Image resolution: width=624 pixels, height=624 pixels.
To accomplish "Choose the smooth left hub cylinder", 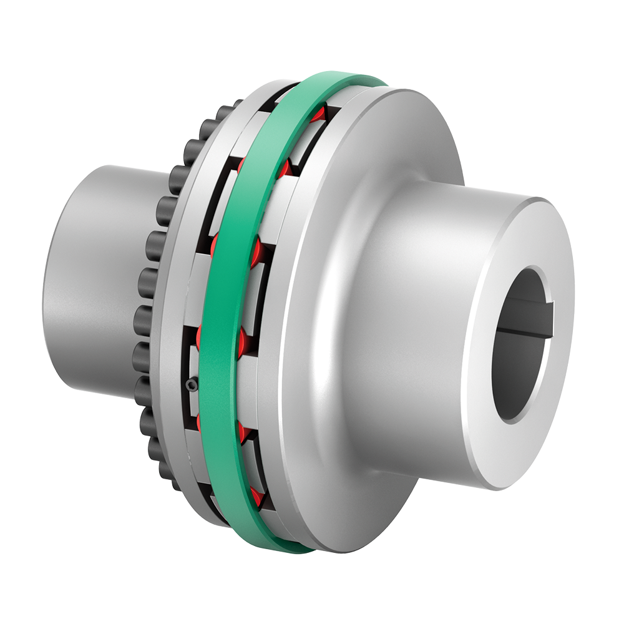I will click(87, 281).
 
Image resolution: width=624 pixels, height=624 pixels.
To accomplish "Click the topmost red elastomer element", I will click(319, 115).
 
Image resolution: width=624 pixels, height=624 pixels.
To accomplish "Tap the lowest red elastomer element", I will click(256, 497).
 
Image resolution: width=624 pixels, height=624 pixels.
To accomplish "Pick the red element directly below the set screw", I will click(202, 422).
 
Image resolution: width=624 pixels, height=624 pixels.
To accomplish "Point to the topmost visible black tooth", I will click(237, 104).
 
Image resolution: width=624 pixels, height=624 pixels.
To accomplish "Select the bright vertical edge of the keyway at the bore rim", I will click(542, 319).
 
